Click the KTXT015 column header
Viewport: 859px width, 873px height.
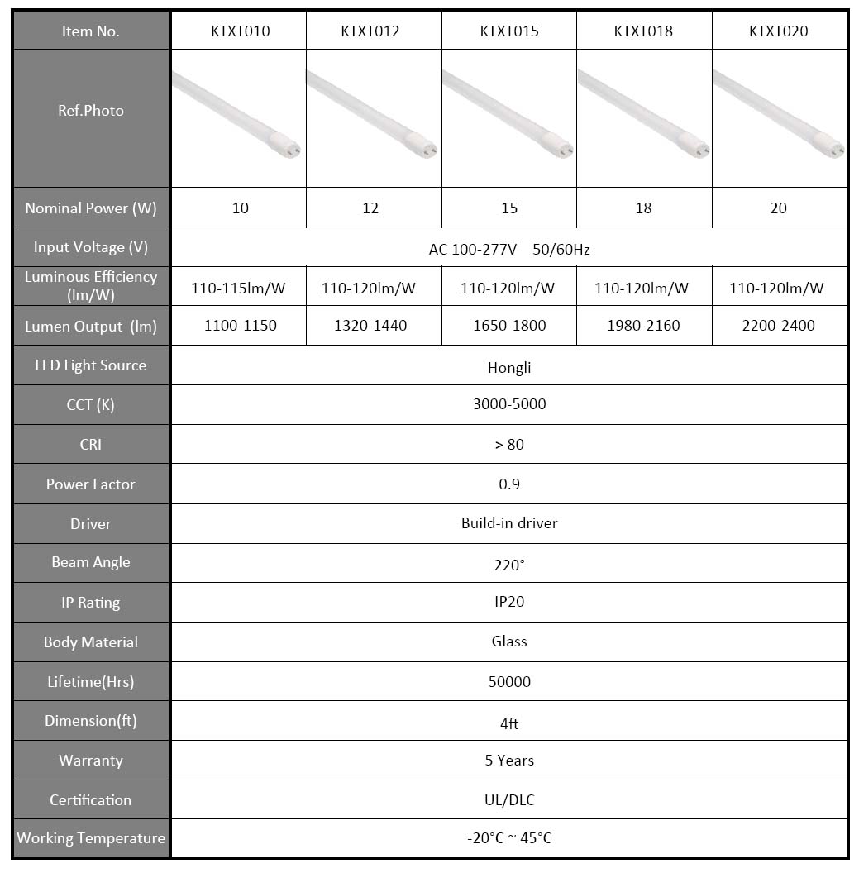pos(509,31)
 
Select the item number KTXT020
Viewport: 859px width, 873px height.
pos(779,31)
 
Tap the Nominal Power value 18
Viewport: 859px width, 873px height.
pos(643,208)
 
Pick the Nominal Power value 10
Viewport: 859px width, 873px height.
pos(240,208)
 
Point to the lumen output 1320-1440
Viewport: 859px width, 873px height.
pos(370,326)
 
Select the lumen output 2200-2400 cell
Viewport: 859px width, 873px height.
pos(779,326)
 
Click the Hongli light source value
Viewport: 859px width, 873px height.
pos(509,368)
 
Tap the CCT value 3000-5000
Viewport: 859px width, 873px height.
pos(509,404)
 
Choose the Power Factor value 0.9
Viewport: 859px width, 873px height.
pos(509,484)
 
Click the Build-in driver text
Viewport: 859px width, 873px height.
pos(509,523)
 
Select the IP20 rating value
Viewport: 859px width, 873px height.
pos(509,602)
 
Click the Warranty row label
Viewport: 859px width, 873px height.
pos(91,761)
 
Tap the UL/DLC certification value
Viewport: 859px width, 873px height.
pos(509,800)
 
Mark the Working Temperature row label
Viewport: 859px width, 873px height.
pos(91,838)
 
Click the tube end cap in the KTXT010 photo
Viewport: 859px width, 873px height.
pos(290,149)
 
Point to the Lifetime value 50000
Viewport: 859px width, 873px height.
pos(509,682)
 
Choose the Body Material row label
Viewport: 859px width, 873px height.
pos(91,642)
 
